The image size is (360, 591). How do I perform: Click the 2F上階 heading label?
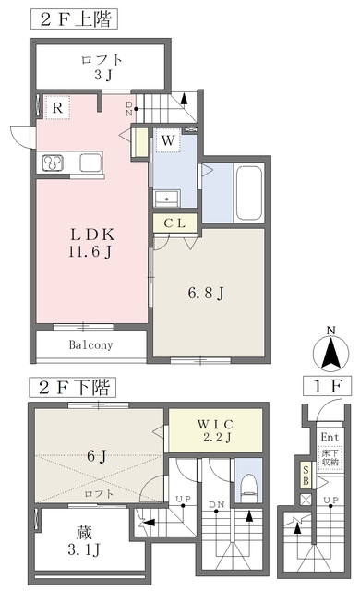[x=74, y=19]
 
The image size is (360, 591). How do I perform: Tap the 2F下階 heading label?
[x=73, y=388]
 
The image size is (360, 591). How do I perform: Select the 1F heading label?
[x=328, y=386]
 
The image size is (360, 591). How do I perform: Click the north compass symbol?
[x=331, y=350]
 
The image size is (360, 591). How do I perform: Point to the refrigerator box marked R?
[x=57, y=107]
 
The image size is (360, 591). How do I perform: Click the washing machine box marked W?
[x=168, y=140]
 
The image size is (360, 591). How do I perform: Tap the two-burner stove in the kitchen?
[x=53, y=163]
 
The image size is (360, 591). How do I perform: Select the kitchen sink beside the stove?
[x=90, y=163]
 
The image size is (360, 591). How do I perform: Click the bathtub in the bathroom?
[x=247, y=192]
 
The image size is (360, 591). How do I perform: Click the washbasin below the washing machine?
[x=166, y=199]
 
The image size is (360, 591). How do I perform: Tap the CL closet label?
[x=175, y=223]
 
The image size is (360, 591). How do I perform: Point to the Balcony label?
[x=90, y=344]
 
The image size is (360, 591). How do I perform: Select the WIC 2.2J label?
[x=215, y=430]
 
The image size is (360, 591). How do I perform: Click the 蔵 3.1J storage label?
[x=84, y=542]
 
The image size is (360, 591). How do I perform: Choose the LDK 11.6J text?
[x=91, y=243]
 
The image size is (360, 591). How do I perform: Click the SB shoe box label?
[x=306, y=476]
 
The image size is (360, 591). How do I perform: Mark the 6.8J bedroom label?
[x=206, y=293]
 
